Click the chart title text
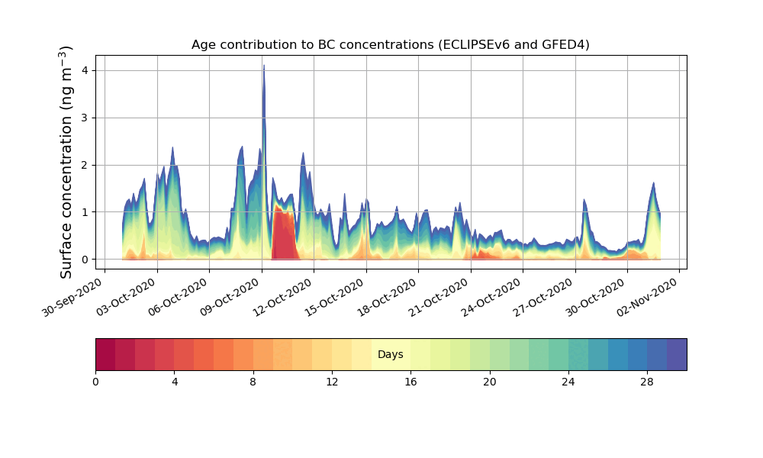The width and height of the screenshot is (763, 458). coord(390,45)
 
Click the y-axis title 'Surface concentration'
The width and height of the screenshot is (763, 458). coord(67,162)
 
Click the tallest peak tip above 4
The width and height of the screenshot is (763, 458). coord(264,66)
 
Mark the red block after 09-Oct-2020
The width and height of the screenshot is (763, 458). coord(283,237)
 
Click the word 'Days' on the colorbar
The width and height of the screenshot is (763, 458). coord(390,355)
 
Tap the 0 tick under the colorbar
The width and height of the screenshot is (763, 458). coord(95,382)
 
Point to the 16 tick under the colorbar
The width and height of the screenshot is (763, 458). coord(410,382)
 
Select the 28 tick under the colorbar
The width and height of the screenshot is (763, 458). coord(647,382)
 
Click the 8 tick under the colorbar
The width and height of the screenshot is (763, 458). coord(253,382)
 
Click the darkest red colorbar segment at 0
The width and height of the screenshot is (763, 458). coord(105,354)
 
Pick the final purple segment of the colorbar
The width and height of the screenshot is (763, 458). coord(677,354)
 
